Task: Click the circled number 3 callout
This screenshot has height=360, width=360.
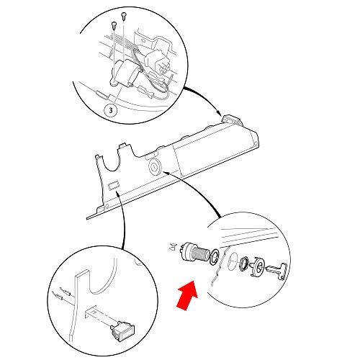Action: [111, 111]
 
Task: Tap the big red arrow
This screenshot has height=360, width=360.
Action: [188, 296]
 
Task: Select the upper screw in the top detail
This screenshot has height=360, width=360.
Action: [124, 15]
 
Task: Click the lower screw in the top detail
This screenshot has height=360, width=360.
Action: [114, 24]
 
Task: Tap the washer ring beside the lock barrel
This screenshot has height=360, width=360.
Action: [214, 257]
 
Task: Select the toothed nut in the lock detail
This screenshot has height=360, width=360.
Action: [243, 264]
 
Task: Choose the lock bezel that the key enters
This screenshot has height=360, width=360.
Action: [258, 266]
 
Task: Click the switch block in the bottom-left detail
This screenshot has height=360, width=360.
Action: [122, 329]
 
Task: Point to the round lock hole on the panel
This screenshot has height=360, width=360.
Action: [154, 166]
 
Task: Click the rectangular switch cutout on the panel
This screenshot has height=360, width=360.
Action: [113, 185]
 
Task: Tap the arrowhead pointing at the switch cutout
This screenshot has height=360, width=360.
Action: [117, 194]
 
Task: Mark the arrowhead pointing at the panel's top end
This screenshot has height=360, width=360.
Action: [218, 113]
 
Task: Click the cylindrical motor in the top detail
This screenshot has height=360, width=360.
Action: [126, 73]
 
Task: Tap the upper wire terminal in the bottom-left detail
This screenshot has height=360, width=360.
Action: [66, 292]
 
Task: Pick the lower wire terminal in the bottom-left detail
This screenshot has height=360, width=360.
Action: [58, 297]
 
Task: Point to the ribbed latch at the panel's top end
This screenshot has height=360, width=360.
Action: [233, 120]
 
